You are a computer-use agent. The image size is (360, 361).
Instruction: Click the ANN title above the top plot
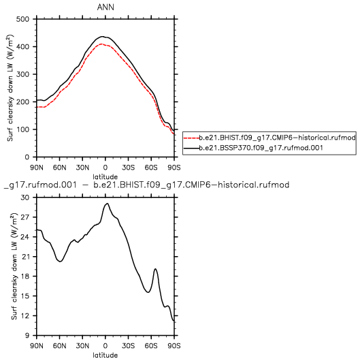click(x=105, y=7)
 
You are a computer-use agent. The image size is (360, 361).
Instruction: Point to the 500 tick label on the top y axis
click(x=22, y=19)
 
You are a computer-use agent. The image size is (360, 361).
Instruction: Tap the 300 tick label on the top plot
click(x=22, y=74)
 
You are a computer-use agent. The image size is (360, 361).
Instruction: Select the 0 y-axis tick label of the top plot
click(x=27, y=157)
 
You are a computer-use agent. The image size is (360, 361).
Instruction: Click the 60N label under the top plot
click(x=59, y=168)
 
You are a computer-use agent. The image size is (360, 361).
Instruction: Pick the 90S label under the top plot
click(x=174, y=168)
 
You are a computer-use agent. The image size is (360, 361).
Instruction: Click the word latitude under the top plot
click(x=105, y=177)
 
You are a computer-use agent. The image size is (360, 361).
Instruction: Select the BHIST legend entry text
click(x=277, y=138)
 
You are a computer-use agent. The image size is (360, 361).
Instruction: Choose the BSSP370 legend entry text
click(x=261, y=148)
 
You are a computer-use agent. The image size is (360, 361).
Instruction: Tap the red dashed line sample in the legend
click(x=191, y=138)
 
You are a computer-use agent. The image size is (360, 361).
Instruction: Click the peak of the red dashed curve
click(x=101, y=44)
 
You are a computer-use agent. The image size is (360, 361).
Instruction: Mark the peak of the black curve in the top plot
click(x=102, y=36)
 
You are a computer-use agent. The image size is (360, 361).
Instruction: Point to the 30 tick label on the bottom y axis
click(x=25, y=198)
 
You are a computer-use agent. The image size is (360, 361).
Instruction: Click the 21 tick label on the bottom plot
click(x=25, y=257)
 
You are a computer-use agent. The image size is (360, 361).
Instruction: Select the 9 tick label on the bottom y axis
click(x=27, y=335)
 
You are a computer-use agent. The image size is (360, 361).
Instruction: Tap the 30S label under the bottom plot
click(x=128, y=345)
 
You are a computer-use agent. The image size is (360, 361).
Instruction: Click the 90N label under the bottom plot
click(x=37, y=345)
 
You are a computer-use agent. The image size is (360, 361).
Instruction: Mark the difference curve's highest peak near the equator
click(x=107, y=203)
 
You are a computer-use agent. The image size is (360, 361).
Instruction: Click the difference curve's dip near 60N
click(x=60, y=262)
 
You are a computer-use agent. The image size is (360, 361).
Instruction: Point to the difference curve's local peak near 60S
click(x=156, y=269)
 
